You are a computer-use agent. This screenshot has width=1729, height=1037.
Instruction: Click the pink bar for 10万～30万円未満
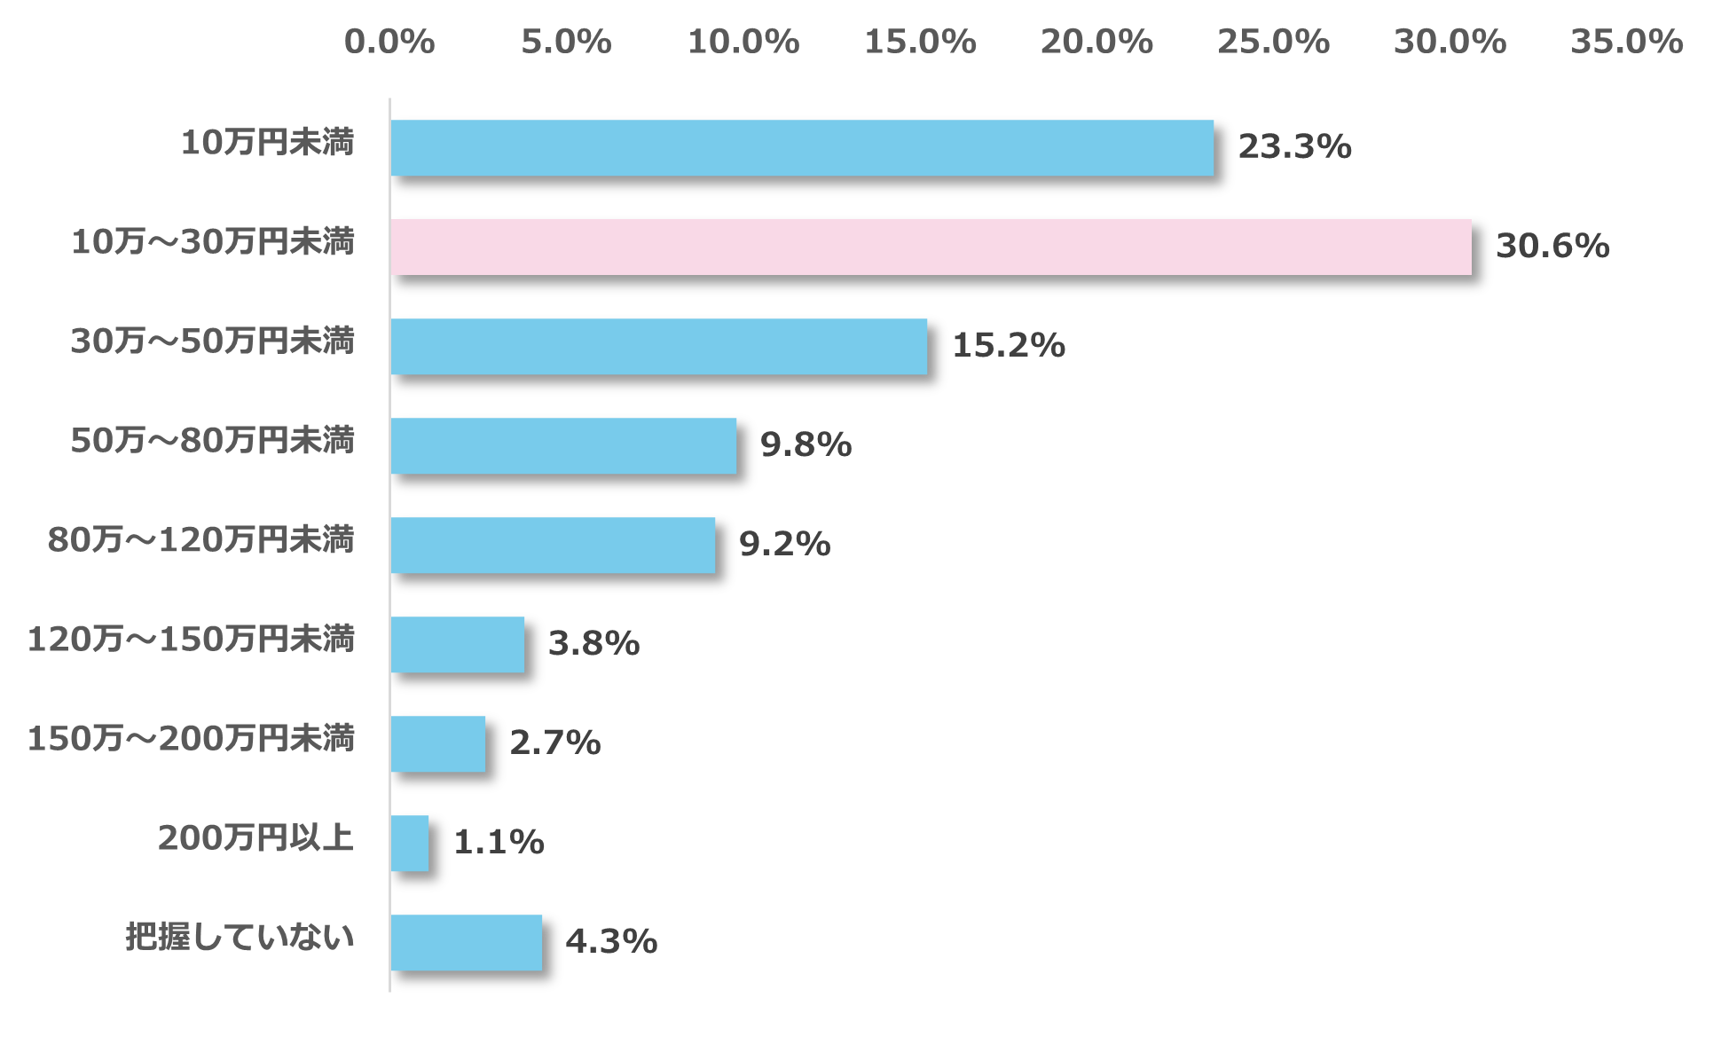931,247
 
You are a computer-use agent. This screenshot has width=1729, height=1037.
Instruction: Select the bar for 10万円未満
802,147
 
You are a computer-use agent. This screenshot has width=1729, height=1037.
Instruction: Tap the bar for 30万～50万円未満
659,346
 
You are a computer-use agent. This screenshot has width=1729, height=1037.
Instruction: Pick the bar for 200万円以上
410,843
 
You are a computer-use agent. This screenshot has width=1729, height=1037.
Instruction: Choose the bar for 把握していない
467,942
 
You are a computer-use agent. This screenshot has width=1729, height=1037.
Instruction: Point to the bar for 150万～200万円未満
438,743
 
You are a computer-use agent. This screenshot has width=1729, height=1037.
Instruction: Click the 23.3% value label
1294,147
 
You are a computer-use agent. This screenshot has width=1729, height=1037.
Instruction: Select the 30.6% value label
1552,247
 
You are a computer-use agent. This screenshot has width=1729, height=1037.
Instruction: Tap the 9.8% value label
806,444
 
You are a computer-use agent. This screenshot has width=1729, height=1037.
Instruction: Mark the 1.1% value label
499,842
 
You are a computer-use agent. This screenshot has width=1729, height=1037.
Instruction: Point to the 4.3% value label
611,941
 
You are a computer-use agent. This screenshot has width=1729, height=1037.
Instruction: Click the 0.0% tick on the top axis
389,42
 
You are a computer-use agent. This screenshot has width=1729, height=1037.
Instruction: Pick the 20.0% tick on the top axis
1096,42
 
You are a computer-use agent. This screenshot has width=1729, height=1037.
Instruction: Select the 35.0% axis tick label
1626,42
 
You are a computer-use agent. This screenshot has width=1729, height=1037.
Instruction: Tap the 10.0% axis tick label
743,42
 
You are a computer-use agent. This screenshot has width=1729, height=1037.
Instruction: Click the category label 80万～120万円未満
201,539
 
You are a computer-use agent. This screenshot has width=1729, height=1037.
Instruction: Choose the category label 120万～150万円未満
191,639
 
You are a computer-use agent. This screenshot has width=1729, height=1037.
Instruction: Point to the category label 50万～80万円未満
213,440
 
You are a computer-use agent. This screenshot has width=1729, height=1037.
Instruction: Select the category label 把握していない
240,937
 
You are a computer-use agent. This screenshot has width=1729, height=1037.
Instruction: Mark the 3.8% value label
593,643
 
